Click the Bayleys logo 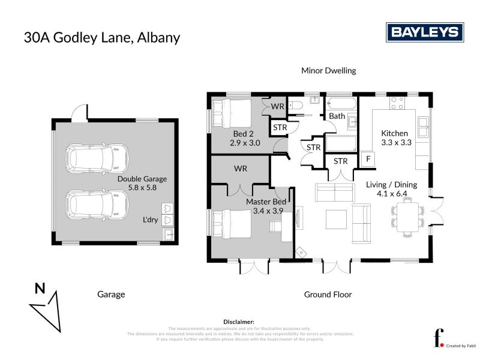click(424, 32)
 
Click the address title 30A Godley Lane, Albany click(102, 37)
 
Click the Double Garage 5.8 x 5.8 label click(142, 183)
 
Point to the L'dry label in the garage click(150, 220)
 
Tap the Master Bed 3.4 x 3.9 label click(266, 206)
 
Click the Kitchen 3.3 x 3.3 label click(395, 138)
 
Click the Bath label click(337, 116)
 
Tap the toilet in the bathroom click(296, 107)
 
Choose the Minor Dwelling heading click(328, 71)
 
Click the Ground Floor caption click(328, 294)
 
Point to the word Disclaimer click(239, 322)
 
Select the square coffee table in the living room click(336, 219)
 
